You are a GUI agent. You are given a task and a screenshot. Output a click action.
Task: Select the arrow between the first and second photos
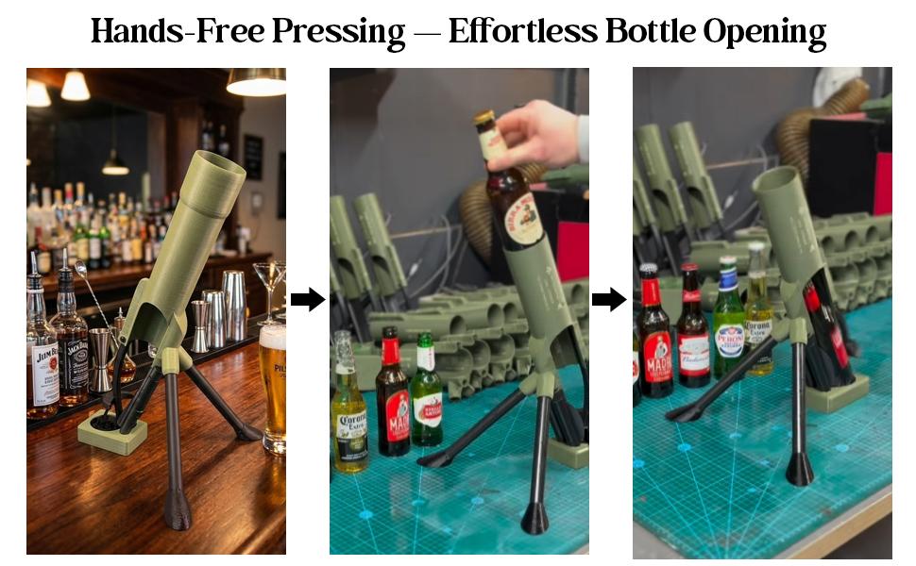(x=307, y=300)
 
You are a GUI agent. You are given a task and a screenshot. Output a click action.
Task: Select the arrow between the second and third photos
(x=610, y=300)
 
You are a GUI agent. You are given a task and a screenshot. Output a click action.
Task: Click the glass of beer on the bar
(x=273, y=387)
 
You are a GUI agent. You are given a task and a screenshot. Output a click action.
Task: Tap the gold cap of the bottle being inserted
(x=484, y=120)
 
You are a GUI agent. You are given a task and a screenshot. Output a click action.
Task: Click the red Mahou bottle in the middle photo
(x=392, y=396)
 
